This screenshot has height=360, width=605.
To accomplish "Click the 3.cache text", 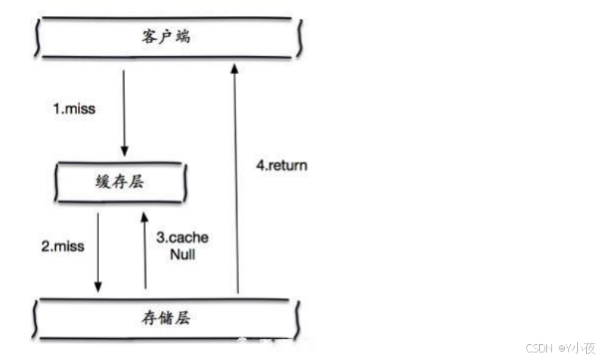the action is point(182,237).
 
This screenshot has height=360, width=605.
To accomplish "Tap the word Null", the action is point(182,255).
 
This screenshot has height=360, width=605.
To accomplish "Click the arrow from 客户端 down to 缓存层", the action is point(125,113).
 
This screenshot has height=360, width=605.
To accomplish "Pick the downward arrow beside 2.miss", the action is point(98,253).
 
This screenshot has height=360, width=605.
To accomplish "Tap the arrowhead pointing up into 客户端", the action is point(237,70).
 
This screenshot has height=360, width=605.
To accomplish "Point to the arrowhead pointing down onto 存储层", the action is point(98,287).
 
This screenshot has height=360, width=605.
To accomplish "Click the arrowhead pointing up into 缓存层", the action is point(145,218).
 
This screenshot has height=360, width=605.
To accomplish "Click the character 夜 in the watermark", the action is point(588,348).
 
